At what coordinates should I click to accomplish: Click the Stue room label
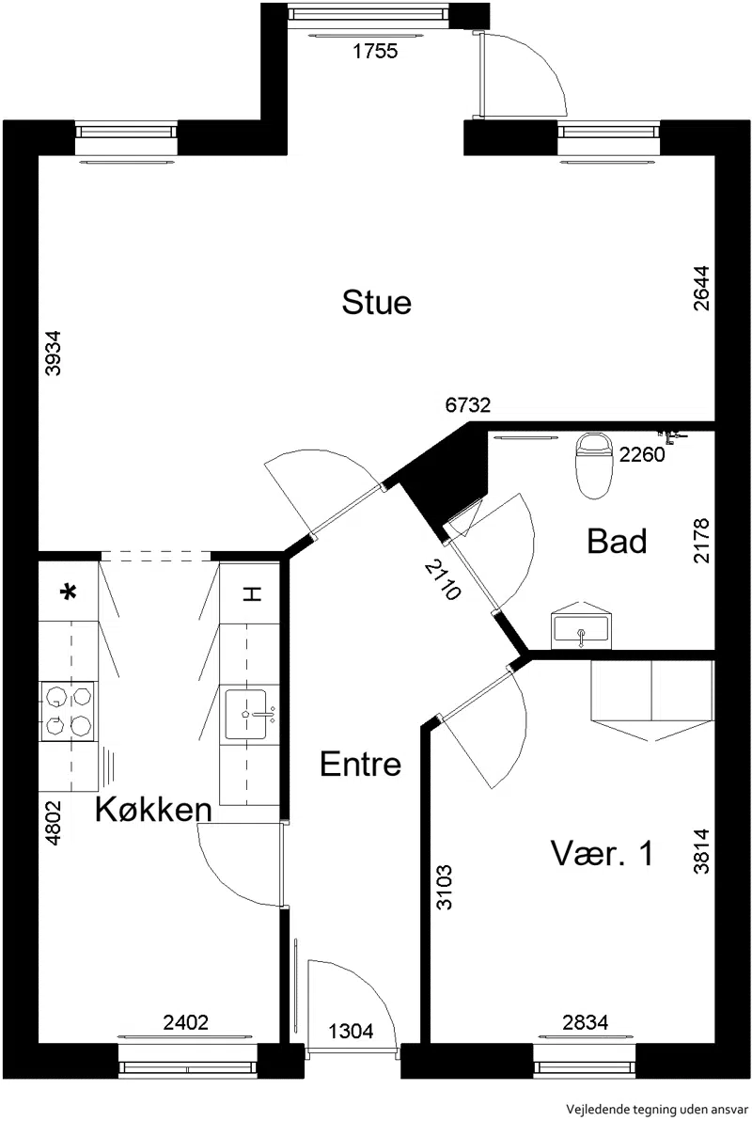(377, 303)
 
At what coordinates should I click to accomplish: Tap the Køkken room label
(153, 810)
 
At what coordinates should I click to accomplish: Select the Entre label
(360, 765)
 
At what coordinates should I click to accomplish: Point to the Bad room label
(617, 541)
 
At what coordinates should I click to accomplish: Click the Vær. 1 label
(602, 853)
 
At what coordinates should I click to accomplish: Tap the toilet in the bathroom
(595, 466)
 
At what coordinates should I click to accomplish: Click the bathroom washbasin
(582, 626)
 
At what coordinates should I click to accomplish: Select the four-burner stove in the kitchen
(69, 711)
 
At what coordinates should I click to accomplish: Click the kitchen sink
(249, 714)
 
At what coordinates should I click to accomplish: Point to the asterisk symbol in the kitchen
(69, 592)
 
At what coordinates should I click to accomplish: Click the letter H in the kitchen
(250, 593)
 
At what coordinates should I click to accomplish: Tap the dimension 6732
(467, 405)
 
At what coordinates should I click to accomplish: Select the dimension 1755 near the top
(376, 51)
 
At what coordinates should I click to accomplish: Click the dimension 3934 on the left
(53, 353)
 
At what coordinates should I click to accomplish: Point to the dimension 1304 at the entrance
(351, 1031)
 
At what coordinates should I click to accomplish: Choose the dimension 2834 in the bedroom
(586, 1022)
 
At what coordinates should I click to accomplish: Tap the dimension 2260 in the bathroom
(642, 454)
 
